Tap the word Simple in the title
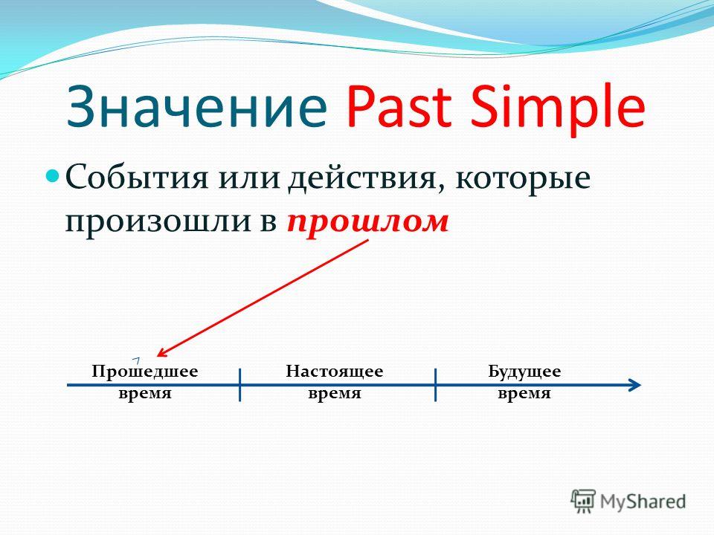[558, 109]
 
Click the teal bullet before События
[54, 175]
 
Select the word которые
[523, 179]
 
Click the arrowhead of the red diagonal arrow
[161, 352]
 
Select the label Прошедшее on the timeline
[145, 372]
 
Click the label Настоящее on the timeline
[335, 372]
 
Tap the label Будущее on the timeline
[524, 372]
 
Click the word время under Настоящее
[335, 392]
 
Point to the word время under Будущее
[524, 392]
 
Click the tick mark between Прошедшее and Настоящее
[240, 385]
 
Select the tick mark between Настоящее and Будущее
[435, 385]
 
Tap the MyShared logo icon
[583, 501]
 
